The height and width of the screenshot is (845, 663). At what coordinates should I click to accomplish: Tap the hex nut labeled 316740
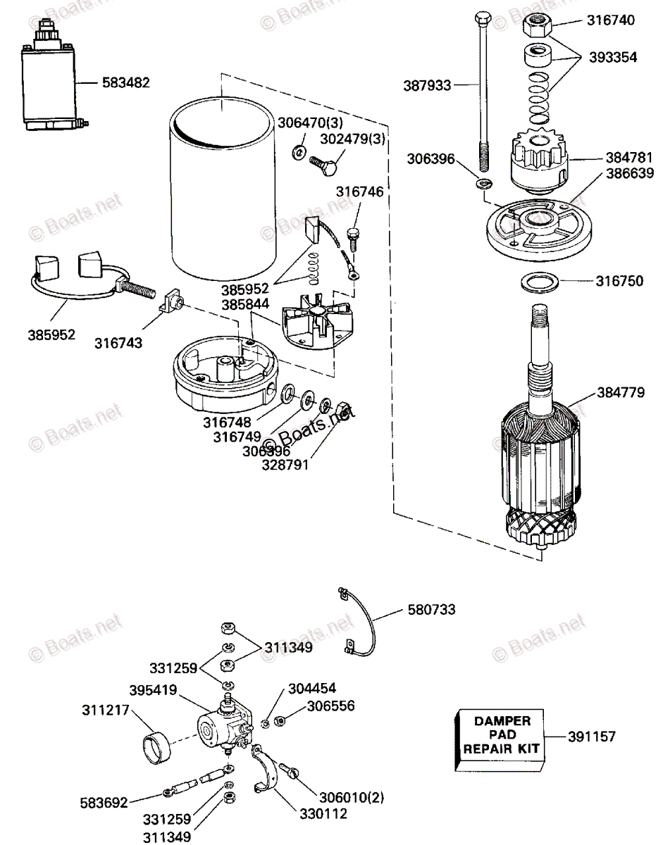pyautogui.click(x=538, y=27)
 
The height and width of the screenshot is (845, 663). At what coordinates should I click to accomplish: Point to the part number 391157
pyautogui.click(x=592, y=737)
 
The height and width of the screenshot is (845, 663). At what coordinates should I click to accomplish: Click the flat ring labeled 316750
pyautogui.click(x=540, y=283)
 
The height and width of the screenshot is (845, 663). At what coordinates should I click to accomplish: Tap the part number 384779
pyautogui.click(x=620, y=392)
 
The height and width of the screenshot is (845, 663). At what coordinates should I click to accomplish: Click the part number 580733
pyautogui.click(x=431, y=610)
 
